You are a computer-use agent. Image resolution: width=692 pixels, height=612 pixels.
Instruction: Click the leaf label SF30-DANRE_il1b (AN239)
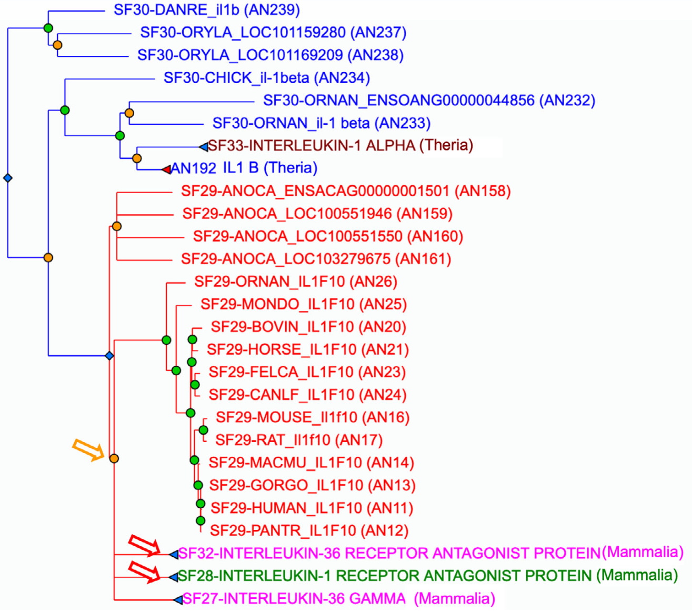(x=206, y=10)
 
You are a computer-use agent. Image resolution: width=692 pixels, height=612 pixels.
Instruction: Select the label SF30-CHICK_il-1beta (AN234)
(x=266, y=78)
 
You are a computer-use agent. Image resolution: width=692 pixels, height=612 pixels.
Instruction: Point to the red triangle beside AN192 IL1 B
(x=167, y=169)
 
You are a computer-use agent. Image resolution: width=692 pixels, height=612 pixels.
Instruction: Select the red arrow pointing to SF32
(x=145, y=546)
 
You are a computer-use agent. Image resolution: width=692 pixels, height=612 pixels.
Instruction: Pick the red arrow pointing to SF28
(x=145, y=571)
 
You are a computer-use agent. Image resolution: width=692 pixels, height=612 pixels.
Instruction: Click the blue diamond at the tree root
(x=7, y=178)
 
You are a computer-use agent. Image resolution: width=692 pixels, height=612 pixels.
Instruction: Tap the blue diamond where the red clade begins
(x=109, y=356)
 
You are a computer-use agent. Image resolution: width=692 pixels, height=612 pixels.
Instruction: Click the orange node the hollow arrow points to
(x=114, y=458)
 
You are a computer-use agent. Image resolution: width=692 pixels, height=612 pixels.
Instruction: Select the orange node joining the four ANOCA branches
(x=117, y=226)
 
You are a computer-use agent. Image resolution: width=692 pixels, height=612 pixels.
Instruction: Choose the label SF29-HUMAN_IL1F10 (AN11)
(x=312, y=508)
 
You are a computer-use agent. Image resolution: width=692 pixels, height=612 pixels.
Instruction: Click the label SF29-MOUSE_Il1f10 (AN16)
(x=313, y=417)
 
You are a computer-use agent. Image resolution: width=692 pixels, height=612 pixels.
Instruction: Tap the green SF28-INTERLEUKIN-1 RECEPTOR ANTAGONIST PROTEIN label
(x=428, y=576)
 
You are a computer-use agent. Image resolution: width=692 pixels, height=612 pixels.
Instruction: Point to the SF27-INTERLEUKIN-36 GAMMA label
(x=338, y=599)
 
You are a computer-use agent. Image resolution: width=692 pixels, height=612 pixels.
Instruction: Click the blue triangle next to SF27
(x=177, y=599)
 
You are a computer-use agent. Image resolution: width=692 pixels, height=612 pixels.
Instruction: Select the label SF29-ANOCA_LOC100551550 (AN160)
(x=328, y=236)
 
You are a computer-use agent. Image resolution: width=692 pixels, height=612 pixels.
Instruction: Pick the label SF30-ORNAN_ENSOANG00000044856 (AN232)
(x=429, y=101)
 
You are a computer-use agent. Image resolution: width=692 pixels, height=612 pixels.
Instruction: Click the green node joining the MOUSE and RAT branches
(x=203, y=430)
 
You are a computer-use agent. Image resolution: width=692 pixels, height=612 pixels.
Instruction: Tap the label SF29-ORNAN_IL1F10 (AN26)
(x=295, y=282)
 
